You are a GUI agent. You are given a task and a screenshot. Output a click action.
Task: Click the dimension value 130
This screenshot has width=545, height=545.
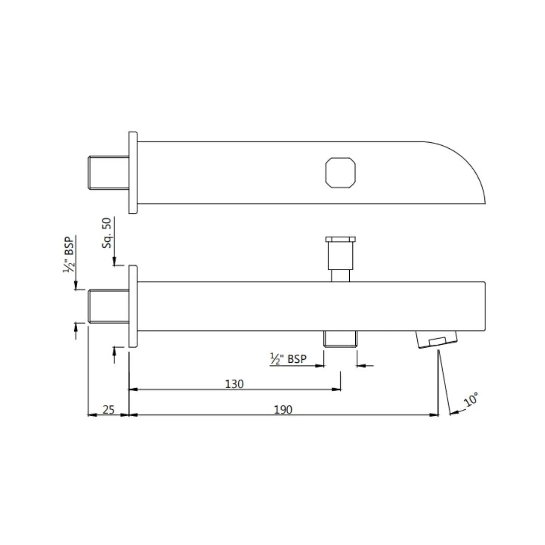pos(234,384)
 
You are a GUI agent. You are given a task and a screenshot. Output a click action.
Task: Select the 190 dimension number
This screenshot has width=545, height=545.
pos(283,410)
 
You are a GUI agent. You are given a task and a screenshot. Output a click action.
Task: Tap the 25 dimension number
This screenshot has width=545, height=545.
pos(108,410)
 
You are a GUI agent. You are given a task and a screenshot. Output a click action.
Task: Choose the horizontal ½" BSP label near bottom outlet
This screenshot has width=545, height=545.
pos(288,359)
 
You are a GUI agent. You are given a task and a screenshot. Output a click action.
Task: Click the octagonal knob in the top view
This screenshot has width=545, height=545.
pos(341,173)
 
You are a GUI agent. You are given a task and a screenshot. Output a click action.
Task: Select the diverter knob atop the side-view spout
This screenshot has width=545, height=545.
pos(341,255)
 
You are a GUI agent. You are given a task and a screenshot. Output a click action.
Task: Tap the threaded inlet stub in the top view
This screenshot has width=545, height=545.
pos(108,173)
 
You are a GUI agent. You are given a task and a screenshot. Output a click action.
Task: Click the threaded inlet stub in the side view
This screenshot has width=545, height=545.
pos(108,306)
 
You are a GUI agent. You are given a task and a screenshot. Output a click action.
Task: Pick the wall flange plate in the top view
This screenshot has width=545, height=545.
pos(133,173)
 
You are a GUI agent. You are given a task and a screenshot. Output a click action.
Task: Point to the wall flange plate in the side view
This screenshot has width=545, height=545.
pos(133,306)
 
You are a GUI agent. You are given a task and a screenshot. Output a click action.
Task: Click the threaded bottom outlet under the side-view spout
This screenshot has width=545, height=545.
pos(340,339)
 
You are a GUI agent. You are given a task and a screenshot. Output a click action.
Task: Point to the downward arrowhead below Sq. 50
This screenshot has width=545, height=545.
pos(115,261)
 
